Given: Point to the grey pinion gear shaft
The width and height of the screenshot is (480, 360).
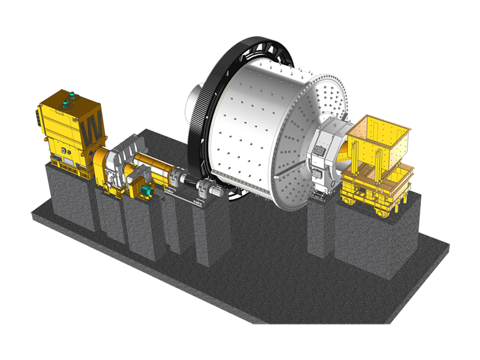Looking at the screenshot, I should pos(191,183).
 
